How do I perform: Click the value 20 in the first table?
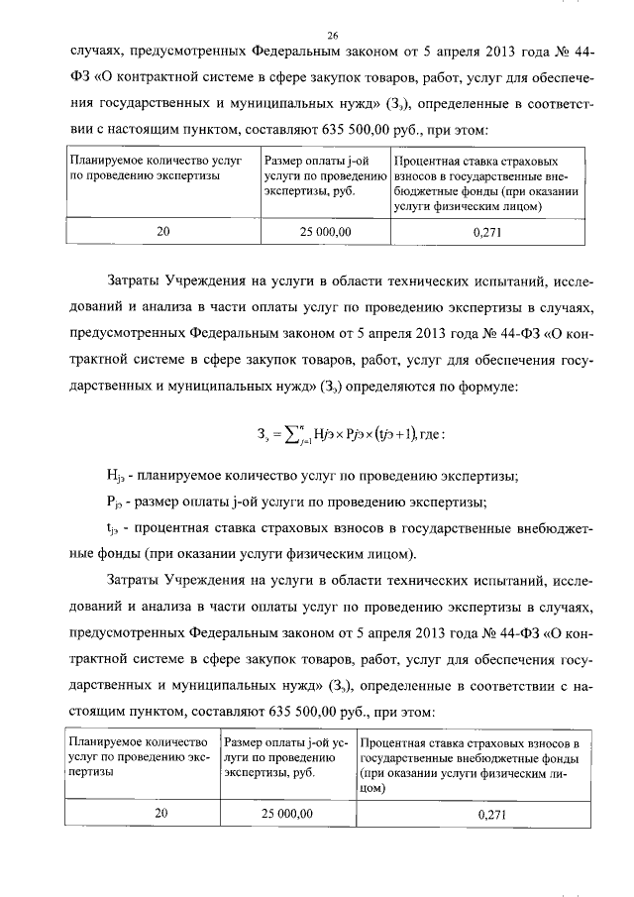(163, 230)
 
